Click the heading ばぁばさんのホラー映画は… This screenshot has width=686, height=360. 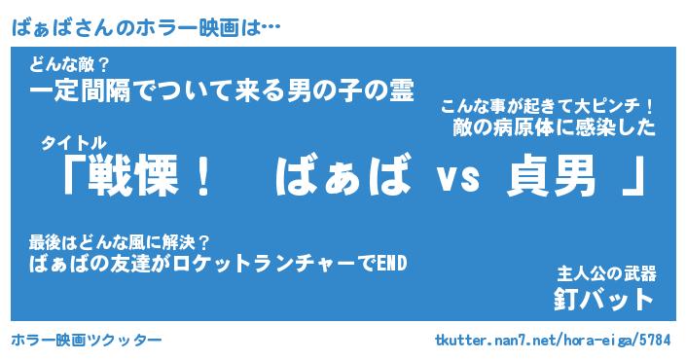pos(146,28)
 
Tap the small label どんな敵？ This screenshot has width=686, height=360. pos(69,65)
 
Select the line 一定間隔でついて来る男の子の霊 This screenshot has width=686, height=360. pos(222,91)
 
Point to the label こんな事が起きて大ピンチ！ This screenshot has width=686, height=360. pos(547,107)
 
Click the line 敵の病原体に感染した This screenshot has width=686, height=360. pos(555,127)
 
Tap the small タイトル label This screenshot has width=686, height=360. pos(74,143)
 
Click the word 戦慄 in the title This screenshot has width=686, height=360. pos(133,175)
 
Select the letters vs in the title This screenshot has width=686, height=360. pos(459,178)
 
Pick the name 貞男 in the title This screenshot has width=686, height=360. pos(552,175)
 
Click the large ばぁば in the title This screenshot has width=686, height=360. pos(343,174)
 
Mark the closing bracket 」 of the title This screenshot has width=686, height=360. pos(633,176)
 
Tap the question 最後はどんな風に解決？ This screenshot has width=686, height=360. pos(120,242)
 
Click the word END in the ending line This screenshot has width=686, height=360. pos(391,264)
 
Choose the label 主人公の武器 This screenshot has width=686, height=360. pos(606,273)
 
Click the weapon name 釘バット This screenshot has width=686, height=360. pos(603,300)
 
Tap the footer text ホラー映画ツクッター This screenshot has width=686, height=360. pos(87,340)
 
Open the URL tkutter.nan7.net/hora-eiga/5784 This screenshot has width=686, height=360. pos(553,340)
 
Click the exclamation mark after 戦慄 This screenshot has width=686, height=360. pos(203,175)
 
